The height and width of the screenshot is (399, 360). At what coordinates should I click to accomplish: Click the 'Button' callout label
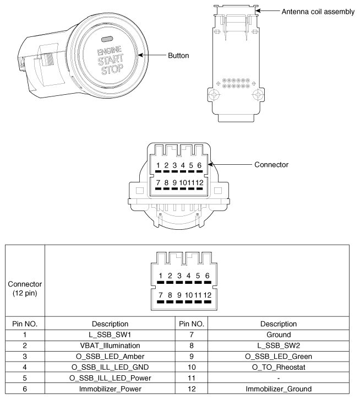178,55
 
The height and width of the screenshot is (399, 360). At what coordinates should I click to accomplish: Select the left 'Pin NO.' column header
23,323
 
